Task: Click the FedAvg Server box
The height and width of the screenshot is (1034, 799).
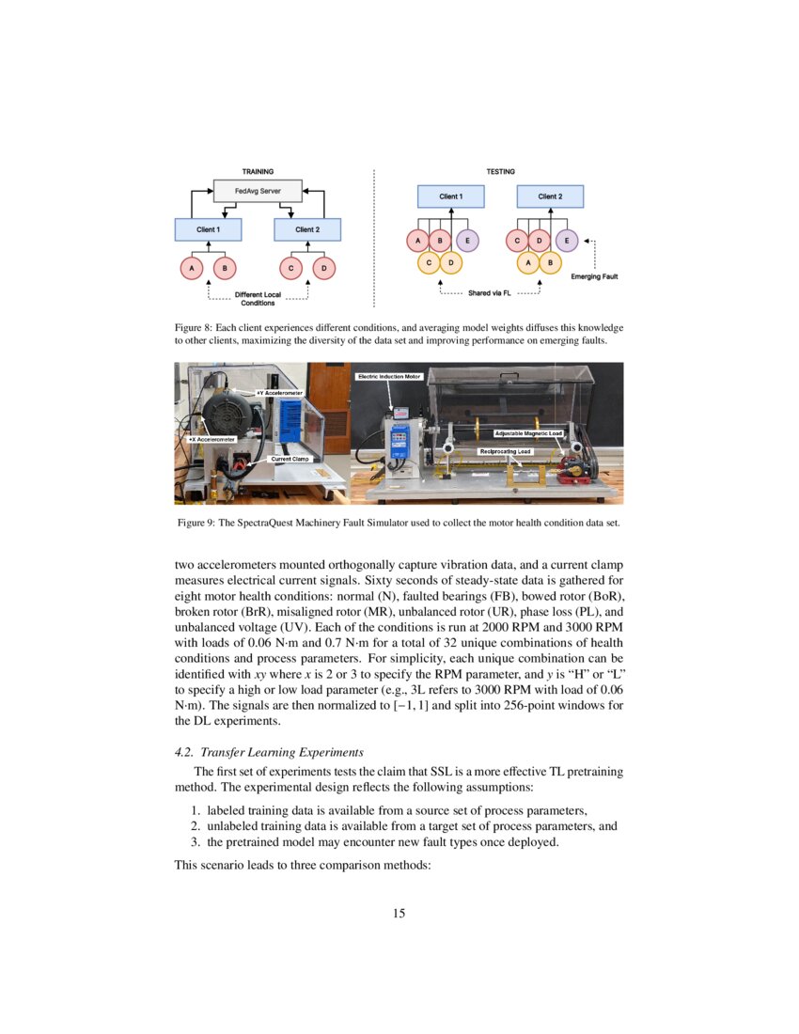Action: click(x=258, y=191)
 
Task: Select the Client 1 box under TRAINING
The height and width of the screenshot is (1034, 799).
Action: click(x=208, y=229)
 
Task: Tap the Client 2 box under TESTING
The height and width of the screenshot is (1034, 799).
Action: click(x=550, y=196)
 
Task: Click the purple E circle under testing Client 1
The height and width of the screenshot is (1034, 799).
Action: click(x=467, y=240)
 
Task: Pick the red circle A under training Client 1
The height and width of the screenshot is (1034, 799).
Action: click(x=192, y=268)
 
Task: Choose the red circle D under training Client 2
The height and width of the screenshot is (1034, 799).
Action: click(x=323, y=268)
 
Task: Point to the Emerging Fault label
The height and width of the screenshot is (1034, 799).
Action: click(x=594, y=276)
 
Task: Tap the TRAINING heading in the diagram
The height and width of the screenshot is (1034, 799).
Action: click(x=258, y=171)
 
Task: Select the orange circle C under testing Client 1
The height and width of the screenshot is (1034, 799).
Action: click(x=429, y=261)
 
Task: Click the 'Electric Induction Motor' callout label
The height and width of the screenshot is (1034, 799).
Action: click(x=389, y=376)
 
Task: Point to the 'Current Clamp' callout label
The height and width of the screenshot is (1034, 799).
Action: click(x=290, y=459)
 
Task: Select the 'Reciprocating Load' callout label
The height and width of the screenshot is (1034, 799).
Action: click(x=506, y=451)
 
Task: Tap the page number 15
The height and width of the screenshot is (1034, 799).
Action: click(x=399, y=912)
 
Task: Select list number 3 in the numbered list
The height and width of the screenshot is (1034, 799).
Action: click(x=196, y=842)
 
